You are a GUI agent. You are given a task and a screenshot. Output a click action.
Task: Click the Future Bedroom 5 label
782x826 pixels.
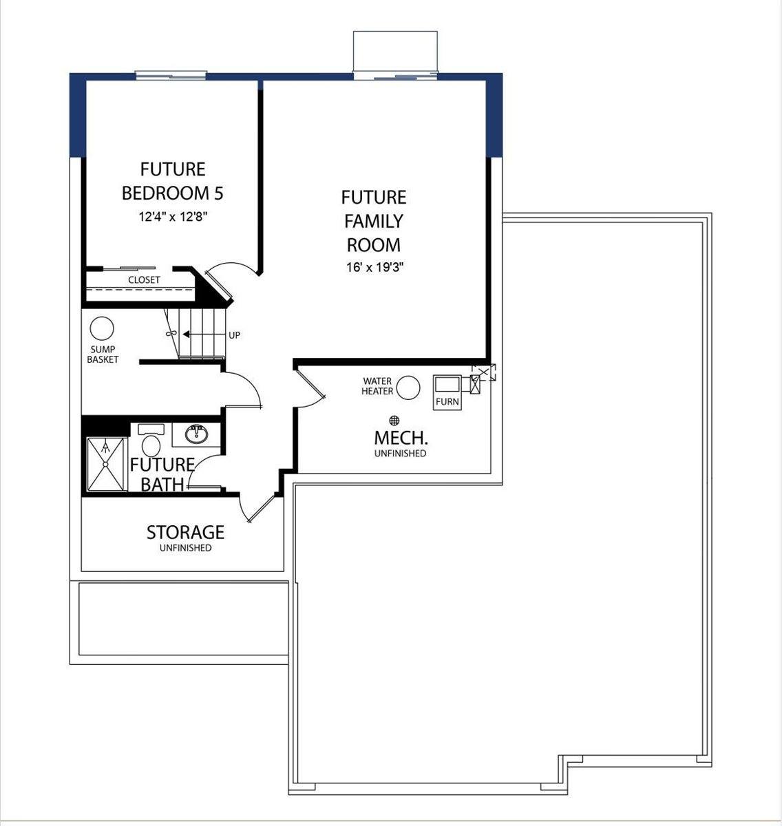[172, 181]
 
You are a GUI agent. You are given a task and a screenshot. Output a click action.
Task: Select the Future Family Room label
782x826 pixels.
[373, 221]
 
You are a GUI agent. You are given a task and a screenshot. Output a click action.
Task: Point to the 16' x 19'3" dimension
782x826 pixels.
[374, 267]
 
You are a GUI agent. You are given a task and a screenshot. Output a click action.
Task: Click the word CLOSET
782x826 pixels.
[144, 280]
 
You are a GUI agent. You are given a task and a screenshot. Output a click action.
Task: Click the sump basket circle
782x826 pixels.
[102, 328]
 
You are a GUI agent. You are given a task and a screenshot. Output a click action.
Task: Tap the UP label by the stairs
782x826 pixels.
[234, 335]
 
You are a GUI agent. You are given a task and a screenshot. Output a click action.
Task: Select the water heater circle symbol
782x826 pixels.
[408, 388]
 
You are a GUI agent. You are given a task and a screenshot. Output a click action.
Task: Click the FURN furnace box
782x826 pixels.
[447, 392]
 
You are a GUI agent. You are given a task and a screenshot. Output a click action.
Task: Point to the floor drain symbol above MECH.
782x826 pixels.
[394, 420]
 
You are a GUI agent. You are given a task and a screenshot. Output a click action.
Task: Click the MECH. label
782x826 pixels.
[400, 438]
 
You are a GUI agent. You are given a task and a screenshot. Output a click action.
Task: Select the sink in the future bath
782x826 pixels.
[197, 434]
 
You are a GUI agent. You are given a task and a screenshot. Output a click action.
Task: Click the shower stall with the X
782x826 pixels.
[105, 465]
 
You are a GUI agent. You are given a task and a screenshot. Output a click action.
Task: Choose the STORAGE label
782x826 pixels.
[185, 532]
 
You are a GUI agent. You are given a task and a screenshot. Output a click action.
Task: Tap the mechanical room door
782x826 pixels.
[310, 385]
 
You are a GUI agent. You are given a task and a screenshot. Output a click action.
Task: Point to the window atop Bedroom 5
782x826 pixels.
[170, 74]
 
